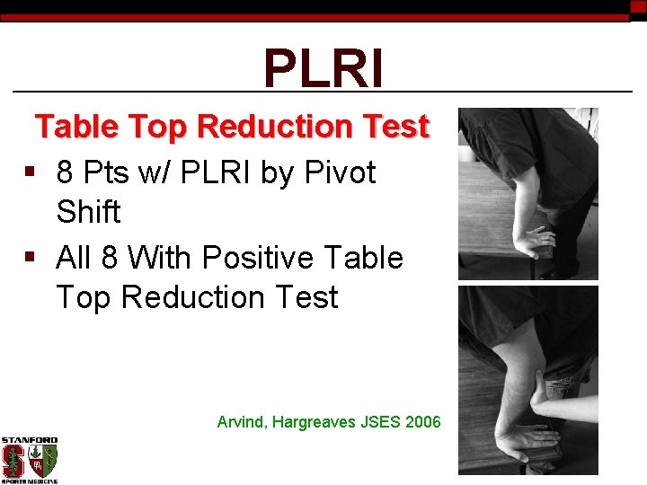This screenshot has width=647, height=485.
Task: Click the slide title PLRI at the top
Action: point(323,68)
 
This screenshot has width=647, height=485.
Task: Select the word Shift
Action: point(87,212)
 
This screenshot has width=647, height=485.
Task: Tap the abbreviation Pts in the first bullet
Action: point(108,172)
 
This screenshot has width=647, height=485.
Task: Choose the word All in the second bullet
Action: point(75,258)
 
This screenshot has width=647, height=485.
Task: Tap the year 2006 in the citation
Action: point(423,421)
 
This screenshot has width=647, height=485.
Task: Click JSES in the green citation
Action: point(381,421)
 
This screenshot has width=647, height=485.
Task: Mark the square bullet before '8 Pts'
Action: point(31,172)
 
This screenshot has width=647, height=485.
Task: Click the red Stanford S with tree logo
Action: point(14,460)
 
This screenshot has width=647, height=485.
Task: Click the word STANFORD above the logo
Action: point(29,441)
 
